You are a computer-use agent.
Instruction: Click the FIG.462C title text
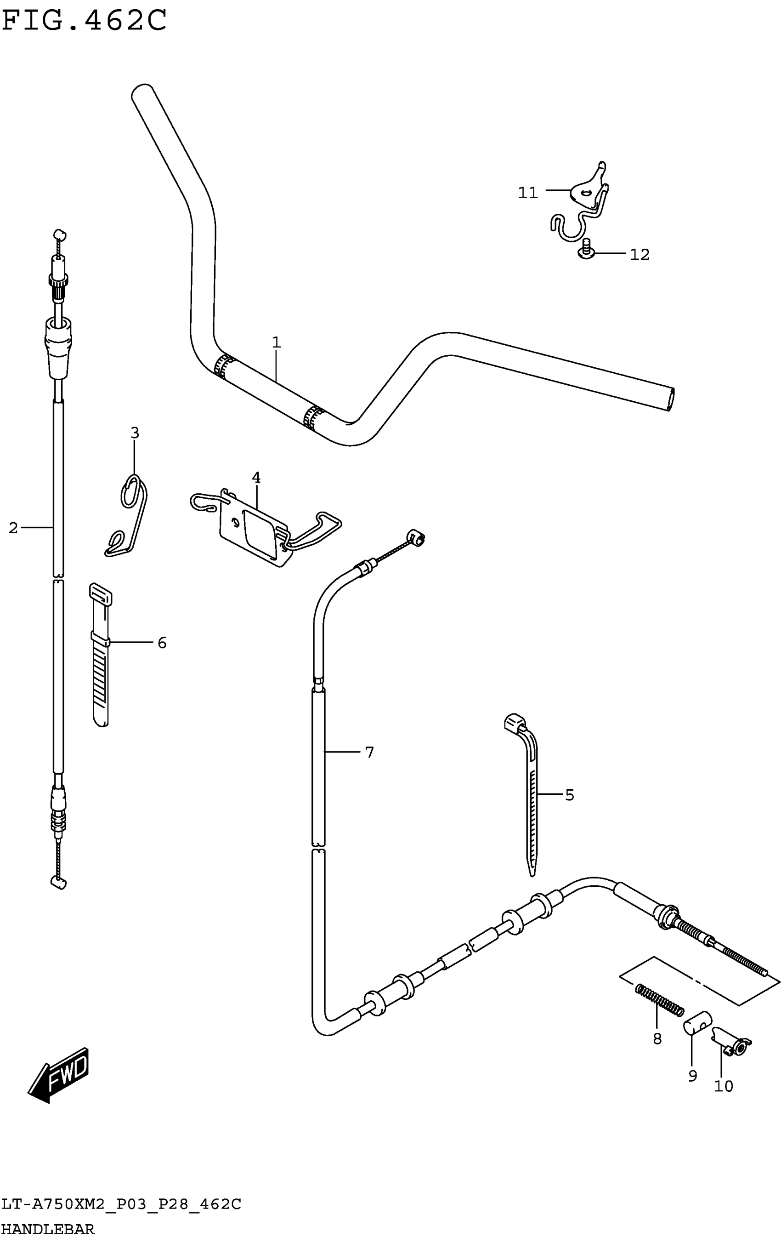[x=85, y=21]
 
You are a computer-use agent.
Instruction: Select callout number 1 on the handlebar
[x=276, y=342]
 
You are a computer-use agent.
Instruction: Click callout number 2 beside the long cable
[x=13, y=528]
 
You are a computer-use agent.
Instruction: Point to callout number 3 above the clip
[x=135, y=433]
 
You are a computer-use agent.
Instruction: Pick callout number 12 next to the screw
[x=639, y=255]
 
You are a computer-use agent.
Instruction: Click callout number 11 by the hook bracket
[x=528, y=193]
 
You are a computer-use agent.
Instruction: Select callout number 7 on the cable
[x=369, y=753]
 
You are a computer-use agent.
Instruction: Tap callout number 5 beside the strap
[x=569, y=795]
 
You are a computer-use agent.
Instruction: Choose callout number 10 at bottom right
[x=723, y=1086]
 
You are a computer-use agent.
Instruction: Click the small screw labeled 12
[x=585, y=249]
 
